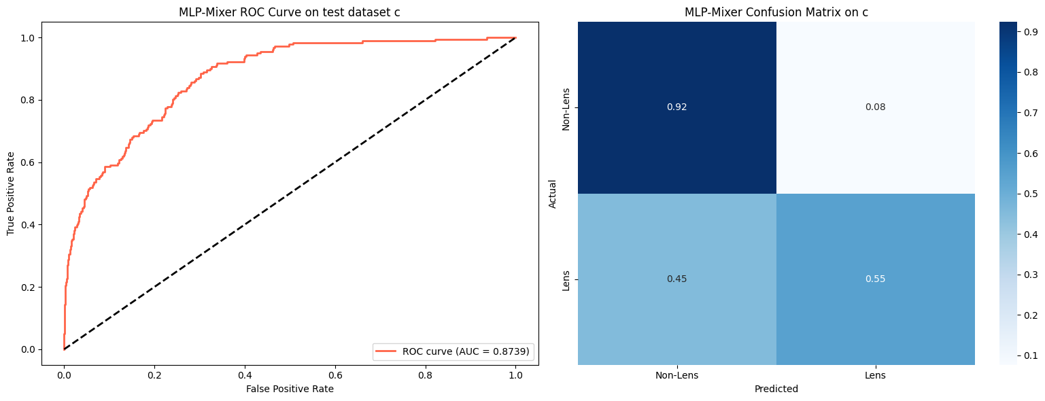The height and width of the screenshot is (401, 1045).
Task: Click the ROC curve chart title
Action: tap(289, 12)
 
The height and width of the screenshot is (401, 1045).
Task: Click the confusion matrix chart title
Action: tap(776, 12)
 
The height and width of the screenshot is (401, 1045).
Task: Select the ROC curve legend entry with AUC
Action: tap(453, 351)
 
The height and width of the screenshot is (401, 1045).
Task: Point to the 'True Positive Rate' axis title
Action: tap(11, 194)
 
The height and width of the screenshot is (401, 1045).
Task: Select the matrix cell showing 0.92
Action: tap(676, 107)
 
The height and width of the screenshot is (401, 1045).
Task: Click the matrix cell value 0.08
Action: tap(875, 107)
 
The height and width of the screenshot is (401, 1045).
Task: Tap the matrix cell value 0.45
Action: tap(676, 279)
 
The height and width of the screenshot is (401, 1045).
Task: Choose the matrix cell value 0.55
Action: tap(875, 279)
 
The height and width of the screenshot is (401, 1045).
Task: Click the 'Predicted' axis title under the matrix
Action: tap(776, 389)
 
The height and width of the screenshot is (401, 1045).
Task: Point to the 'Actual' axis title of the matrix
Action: tap(553, 194)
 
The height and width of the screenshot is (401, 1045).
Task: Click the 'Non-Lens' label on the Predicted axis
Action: tap(676, 375)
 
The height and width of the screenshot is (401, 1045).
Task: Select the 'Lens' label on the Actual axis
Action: tap(566, 279)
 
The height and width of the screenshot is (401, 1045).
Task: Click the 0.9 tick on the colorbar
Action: tap(1023, 31)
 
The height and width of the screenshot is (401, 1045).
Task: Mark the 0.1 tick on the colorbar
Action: tap(1023, 355)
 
